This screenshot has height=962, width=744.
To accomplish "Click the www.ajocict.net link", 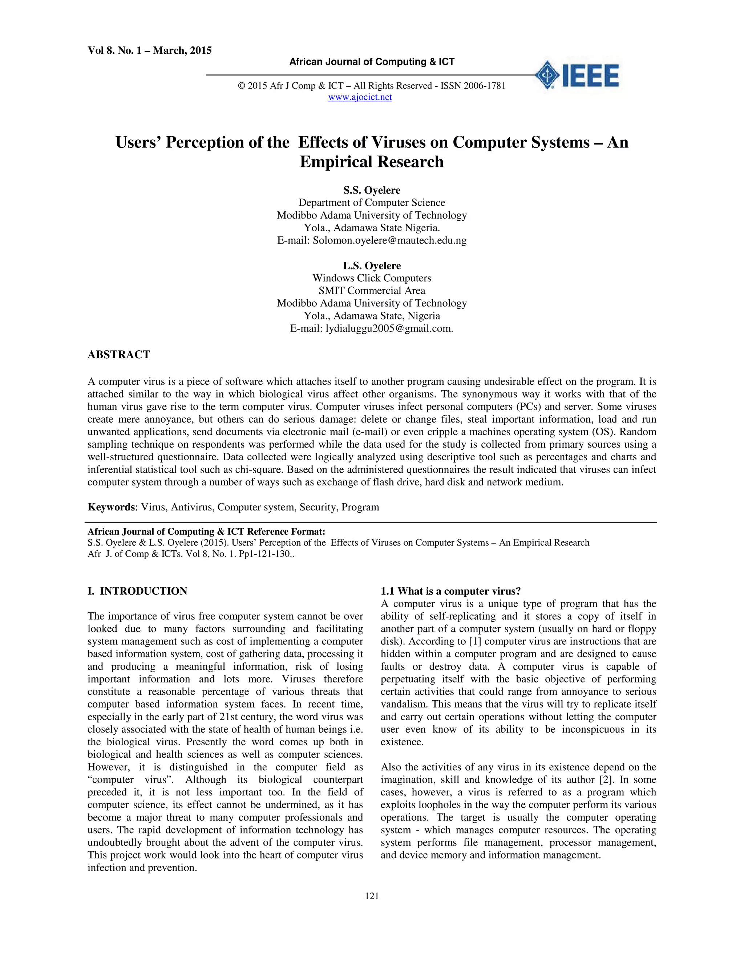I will point(360,97).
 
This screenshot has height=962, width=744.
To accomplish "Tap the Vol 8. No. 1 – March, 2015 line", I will point(149,51).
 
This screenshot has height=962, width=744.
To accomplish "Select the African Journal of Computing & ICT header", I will point(372,62).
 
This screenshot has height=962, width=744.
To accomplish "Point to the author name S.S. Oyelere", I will point(372,190).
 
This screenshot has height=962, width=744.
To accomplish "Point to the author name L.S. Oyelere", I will point(372,266).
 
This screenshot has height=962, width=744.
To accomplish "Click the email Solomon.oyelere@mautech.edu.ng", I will point(389,240).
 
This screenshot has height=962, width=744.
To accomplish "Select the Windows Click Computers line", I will point(372,278).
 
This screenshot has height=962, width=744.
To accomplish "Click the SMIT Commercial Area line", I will point(372,291).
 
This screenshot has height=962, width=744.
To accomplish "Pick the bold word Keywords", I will point(111,507).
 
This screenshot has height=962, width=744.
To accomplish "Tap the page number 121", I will point(372,896).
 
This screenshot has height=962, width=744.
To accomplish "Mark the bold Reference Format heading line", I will point(206,532).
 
